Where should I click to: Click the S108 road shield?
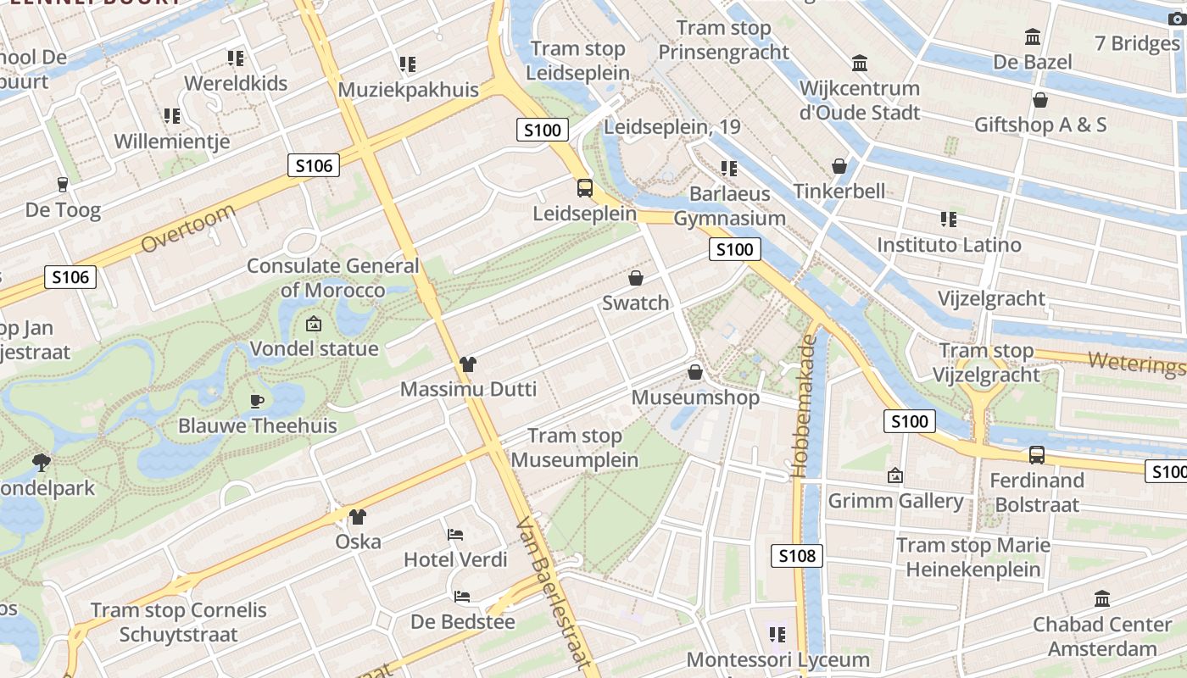pyautogui.click(x=797, y=556)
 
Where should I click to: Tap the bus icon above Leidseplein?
pyautogui.click(x=585, y=187)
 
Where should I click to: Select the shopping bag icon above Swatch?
pyautogui.click(x=635, y=278)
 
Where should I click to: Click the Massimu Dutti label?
pyautogui.click(x=468, y=390)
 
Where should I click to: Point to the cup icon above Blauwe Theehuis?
pyautogui.click(x=257, y=401)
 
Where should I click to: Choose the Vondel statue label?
pyautogui.click(x=314, y=348)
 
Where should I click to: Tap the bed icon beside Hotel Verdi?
pyautogui.click(x=455, y=535)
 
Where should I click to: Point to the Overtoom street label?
pyautogui.click(x=188, y=228)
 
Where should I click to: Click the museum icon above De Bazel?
pyautogui.click(x=1033, y=37)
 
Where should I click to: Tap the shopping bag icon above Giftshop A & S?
pyautogui.click(x=1040, y=100)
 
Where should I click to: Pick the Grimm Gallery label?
pyautogui.click(x=895, y=501)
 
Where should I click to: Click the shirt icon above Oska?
pyautogui.click(x=358, y=517)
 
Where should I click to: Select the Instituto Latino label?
pyautogui.click(x=949, y=245)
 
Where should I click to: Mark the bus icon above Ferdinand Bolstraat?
pyautogui.click(x=1036, y=455)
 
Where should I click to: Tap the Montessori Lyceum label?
pyautogui.click(x=777, y=659)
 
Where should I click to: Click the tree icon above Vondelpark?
pyautogui.click(x=40, y=463)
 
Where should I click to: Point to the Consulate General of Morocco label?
pyautogui.click(x=332, y=278)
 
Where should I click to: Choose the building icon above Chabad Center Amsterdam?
pyautogui.click(x=1102, y=599)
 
